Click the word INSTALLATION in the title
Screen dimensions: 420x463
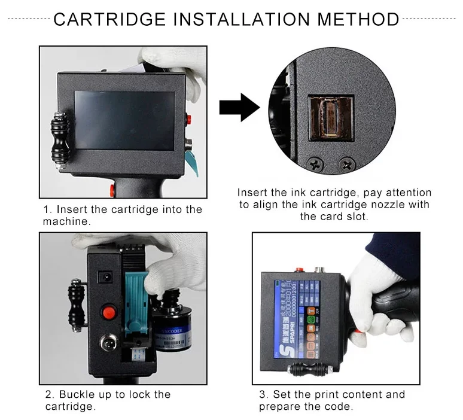[242, 19]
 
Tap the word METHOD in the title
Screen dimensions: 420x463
[358, 19]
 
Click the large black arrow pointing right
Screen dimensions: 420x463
[239, 108]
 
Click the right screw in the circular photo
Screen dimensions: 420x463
[346, 162]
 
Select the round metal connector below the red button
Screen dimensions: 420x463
[108, 345]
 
